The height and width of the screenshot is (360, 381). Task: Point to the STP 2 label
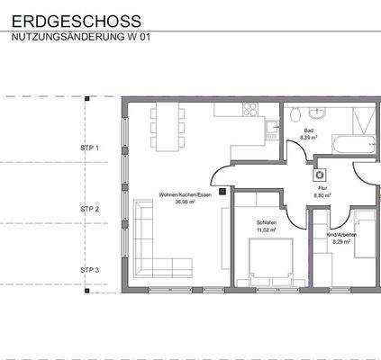tap(89, 208)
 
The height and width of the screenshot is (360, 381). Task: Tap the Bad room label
tap(308, 131)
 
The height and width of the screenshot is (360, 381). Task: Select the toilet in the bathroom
tap(296, 113)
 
